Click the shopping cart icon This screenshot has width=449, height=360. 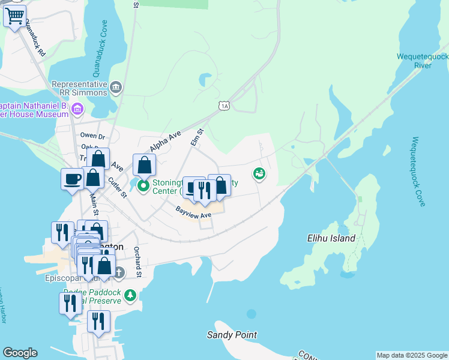pos(15,16)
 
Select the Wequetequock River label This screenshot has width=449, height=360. pos(423,61)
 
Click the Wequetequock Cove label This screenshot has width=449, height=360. pos(418,172)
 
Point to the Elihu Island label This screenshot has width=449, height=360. pos(330,238)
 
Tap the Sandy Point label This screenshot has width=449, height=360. pos(232,335)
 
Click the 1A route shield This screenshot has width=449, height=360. pos(224,106)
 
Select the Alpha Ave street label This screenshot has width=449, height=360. pos(165,142)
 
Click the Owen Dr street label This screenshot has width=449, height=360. pos(92,136)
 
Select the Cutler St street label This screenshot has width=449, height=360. pos(118,187)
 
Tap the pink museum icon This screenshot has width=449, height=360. pos(77,109)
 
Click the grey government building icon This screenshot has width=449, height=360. pos(116,88)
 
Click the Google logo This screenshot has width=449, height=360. pos(20,353)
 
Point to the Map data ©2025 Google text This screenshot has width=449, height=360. pos(411,355)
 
